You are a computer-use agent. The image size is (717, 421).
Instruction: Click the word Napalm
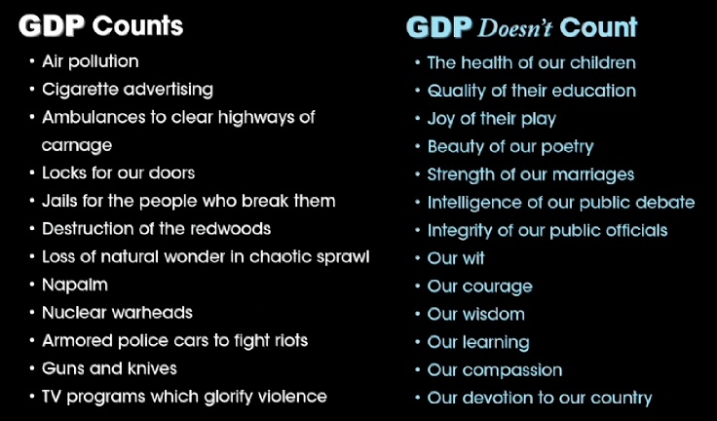click(75, 285)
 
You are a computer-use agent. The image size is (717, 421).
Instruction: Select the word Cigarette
click(80, 90)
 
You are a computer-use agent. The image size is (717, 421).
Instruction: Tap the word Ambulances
click(87, 118)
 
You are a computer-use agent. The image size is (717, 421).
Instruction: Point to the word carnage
click(77, 146)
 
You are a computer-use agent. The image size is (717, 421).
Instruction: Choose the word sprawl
click(343, 257)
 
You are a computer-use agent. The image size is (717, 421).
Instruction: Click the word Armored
click(77, 340)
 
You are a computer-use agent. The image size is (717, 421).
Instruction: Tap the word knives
click(152, 368)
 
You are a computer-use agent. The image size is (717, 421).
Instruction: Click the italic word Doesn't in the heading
click(515, 28)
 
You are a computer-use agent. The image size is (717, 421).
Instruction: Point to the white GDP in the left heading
click(52, 26)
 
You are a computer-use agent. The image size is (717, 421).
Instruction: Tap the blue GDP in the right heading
click(439, 28)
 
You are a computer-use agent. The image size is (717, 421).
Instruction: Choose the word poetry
click(568, 147)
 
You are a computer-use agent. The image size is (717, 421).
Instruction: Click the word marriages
click(593, 174)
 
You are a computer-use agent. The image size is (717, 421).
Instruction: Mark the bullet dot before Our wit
click(418, 258)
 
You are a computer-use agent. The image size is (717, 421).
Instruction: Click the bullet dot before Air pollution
click(31, 61)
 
